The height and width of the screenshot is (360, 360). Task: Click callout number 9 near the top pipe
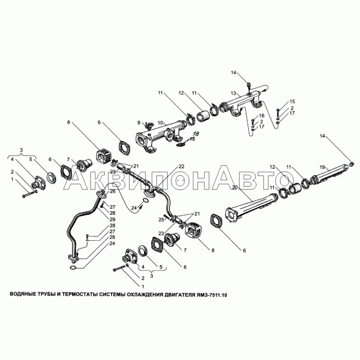[139, 122]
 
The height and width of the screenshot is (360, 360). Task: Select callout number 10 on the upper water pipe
[160, 123]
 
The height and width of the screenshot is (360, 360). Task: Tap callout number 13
[234, 93]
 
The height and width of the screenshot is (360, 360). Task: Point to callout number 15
[292, 102]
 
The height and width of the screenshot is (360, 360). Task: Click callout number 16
[262, 116]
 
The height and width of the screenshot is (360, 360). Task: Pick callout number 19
[323, 167]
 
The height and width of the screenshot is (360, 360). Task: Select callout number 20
[234, 187]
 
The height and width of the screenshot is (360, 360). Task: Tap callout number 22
[181, 166]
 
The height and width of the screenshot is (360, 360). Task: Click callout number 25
[162, 220]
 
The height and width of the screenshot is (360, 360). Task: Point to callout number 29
[112, 219]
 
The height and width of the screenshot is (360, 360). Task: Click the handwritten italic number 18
[196, 133]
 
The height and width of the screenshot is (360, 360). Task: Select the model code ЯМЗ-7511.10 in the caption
[211, 295]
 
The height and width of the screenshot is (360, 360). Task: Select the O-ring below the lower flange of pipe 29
[72, 267]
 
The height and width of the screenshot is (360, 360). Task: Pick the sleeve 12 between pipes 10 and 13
[203, 117]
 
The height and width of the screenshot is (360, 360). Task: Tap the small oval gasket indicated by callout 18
[181, 144]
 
